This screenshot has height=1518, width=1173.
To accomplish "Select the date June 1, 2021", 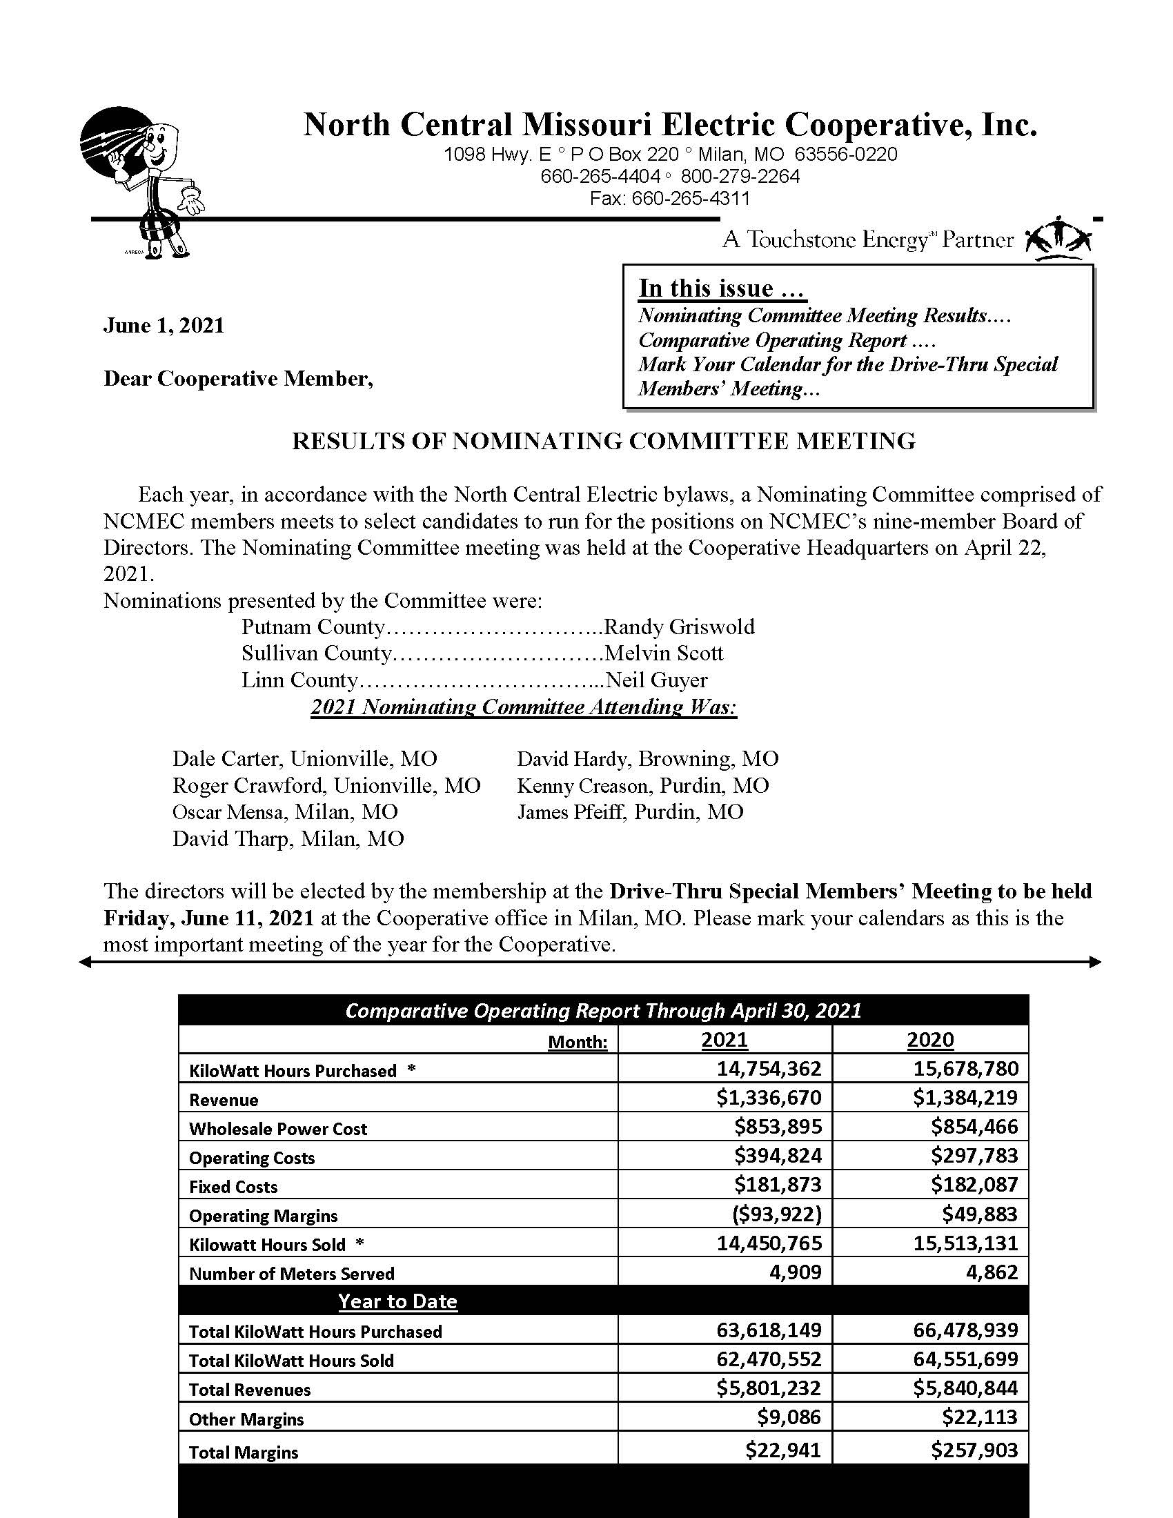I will pyautogui.click(x=164, y=325).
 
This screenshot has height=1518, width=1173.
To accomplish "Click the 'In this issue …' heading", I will pyautogui.click(x=722, y=288).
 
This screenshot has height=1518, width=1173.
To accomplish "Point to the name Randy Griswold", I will pyautogui.click(x=680, y=627).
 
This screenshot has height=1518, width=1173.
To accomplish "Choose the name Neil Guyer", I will pyautogui.click(x=657, y=680).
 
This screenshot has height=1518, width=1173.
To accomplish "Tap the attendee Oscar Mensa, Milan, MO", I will pyautogui.click(x=285, y=812).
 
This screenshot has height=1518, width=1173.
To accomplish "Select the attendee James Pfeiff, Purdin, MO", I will pyautogui.click(x=629, y=812).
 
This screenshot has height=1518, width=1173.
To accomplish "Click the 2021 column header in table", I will pyautogui.click(x=724, y=1040).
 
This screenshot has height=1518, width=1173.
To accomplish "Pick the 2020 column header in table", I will pyautogui.click(x=930, y=1040).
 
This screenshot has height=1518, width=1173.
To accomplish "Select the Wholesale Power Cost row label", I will pyautogui.click(x=278, y=1129).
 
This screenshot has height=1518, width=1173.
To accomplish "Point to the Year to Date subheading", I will pyautogui.click(x=397, y=1301).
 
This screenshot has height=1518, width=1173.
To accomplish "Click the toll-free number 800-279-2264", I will pyautogui.click(x=740, y=177).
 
